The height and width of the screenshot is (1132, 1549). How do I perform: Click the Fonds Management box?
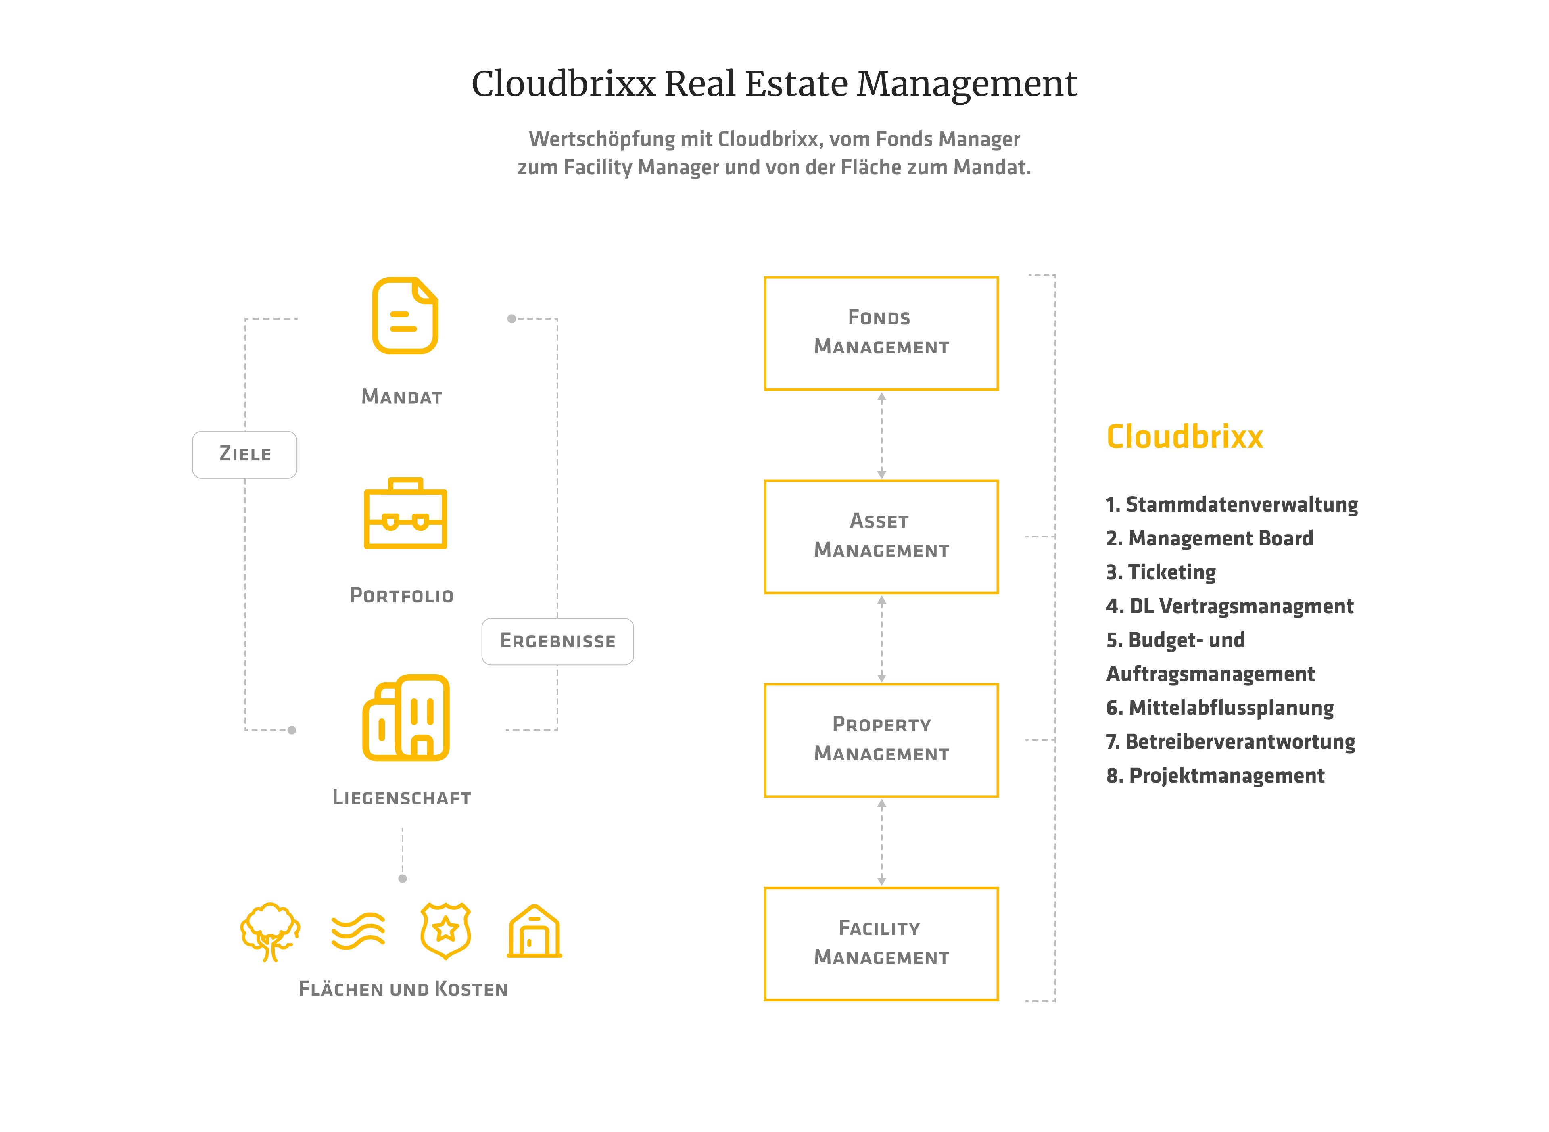pyautogui.click(x=881, y=333)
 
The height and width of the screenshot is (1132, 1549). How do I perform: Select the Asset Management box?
pyautogui.click(x=881, y=537)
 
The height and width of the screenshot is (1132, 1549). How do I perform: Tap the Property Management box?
pyautogui.click(x=881, y=740)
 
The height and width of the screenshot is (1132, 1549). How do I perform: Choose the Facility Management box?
pyautogui.click(x=881, y=944)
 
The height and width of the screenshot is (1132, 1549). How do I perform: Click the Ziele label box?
pyautogui.click(x=244, y=454)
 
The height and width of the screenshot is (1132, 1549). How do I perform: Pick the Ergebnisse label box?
pyautogui.click(x=557, y=641)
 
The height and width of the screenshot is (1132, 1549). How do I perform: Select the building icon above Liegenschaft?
pyautogui.click(x=405, y=718)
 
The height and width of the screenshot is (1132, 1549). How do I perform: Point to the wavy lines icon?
pyautogui.click(x=358, y=931)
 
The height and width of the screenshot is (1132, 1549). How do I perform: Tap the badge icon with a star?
pyautogui.click(x=445, y=931)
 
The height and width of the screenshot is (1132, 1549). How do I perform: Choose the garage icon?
pyautogui.click(x=534, y=932)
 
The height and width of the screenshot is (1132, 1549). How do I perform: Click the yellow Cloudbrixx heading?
pyautogui.click(x=1184, y=437)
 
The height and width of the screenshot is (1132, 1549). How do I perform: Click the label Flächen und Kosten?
pyautogui.click(x=403, y=989)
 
